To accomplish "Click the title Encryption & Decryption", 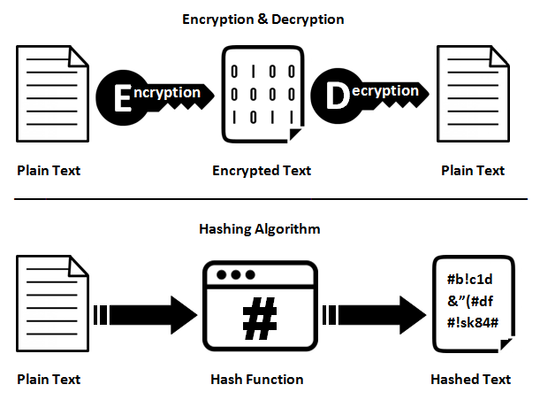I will coord(262,19).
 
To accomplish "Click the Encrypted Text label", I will coord(262,171).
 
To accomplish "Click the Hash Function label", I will coord(257,380).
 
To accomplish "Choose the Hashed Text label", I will coord(470,380).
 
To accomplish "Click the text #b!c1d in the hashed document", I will coord(469,282).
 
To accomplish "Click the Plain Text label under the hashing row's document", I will coord(49,380).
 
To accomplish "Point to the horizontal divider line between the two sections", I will coord(270,199).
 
